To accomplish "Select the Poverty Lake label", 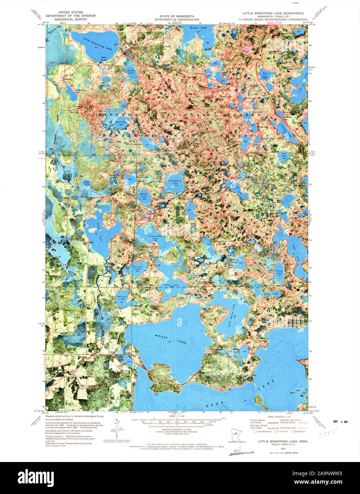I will [x=137, y=268].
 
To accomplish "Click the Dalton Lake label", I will [x=144, y=195].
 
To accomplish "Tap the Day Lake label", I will [x=265, y=74].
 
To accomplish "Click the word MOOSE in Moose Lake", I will [x=161, y=336].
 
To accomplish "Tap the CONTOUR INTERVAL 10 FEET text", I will [x=172, y=429].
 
